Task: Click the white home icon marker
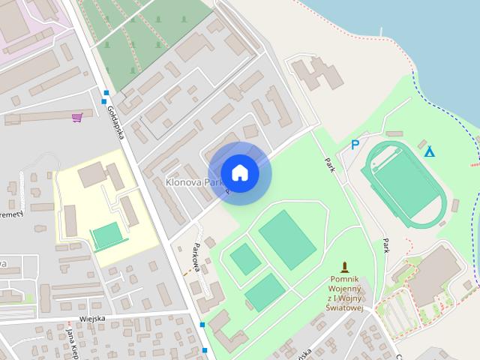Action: point(240,173)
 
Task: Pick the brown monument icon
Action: point(346,266)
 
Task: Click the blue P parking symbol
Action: point(355,145)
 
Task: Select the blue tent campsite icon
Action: point(429,151)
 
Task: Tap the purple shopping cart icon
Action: point(76,117)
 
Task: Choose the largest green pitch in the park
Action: point(287,239)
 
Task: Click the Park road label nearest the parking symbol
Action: point(329,163)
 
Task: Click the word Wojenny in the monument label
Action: point(346,289)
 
